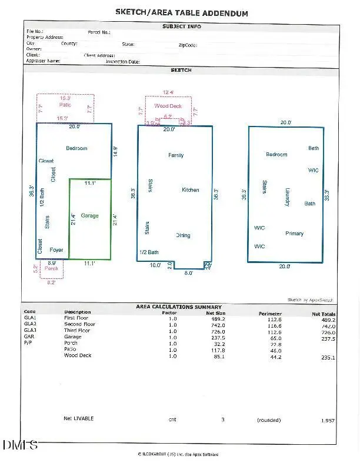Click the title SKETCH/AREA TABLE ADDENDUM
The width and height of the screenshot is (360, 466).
(181, 12)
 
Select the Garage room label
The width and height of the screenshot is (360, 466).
(90, 216)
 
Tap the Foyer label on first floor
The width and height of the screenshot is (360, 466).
(56, 250)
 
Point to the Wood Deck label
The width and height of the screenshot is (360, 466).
(168, 106)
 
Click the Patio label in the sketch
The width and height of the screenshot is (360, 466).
(65, 105)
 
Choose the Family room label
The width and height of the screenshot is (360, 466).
(176, 155)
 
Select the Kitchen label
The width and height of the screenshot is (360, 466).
(191, 190)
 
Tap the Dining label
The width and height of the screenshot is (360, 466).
(183, 235)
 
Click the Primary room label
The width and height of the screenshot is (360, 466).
(295, 234)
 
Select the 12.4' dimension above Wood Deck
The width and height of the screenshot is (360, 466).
(168, 92)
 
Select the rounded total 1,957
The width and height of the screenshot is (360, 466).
(328, 421)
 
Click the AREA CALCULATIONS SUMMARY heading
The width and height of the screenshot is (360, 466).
(179, 307)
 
